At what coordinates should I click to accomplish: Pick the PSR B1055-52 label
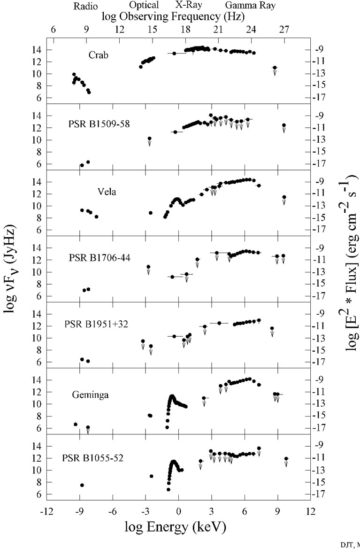[x=94, y=458]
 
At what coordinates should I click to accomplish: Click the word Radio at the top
[x=85, y=7]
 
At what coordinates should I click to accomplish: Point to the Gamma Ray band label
[x=250, y=7]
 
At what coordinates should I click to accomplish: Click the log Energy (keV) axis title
[x=175, y=527]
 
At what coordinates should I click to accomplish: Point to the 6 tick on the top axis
[x=53, y=29]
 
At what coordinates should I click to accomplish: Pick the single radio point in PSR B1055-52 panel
[x=82, y=485]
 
